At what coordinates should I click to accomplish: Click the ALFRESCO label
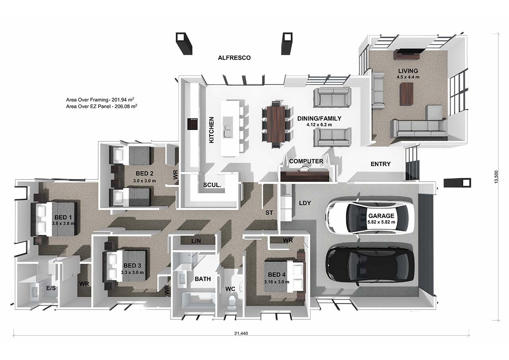[x=234, y=58]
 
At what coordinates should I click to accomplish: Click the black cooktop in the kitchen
[x=192, y=124]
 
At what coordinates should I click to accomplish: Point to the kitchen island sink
[x=228, y=127]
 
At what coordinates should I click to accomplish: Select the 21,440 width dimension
[x=241, y=333]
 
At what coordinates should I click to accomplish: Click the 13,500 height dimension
[x=496, y=176]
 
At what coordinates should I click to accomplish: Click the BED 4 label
[x=276, y=275]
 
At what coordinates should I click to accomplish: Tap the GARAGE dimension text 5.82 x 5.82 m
[x=381, y=222]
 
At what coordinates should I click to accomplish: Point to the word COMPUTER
[x=306, y=161]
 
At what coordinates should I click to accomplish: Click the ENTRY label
[x=381, y=164]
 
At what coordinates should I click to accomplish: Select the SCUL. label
[x=212, y=185]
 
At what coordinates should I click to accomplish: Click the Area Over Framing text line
[x=100, y=100]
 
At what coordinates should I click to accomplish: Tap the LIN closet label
[x=196, y=241]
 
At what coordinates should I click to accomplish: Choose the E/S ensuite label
[x=51, y=288]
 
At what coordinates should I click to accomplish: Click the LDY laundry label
[x=305, y=203]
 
